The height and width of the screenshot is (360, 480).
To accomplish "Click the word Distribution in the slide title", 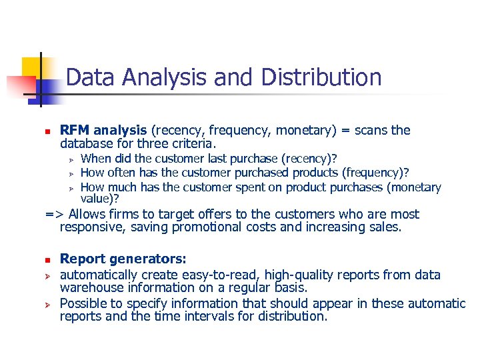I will pyautogui.click(x=321, y=77).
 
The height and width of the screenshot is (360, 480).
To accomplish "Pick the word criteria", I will pyautogui.click(x=193, y=143).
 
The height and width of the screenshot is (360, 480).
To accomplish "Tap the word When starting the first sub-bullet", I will pyautogui.click(x=95, y=159).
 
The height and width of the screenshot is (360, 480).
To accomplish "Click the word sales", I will pyautogui.click(x=385, y=227).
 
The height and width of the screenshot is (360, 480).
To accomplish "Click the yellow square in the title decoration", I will pyautogui.click(x=32, y=67).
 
